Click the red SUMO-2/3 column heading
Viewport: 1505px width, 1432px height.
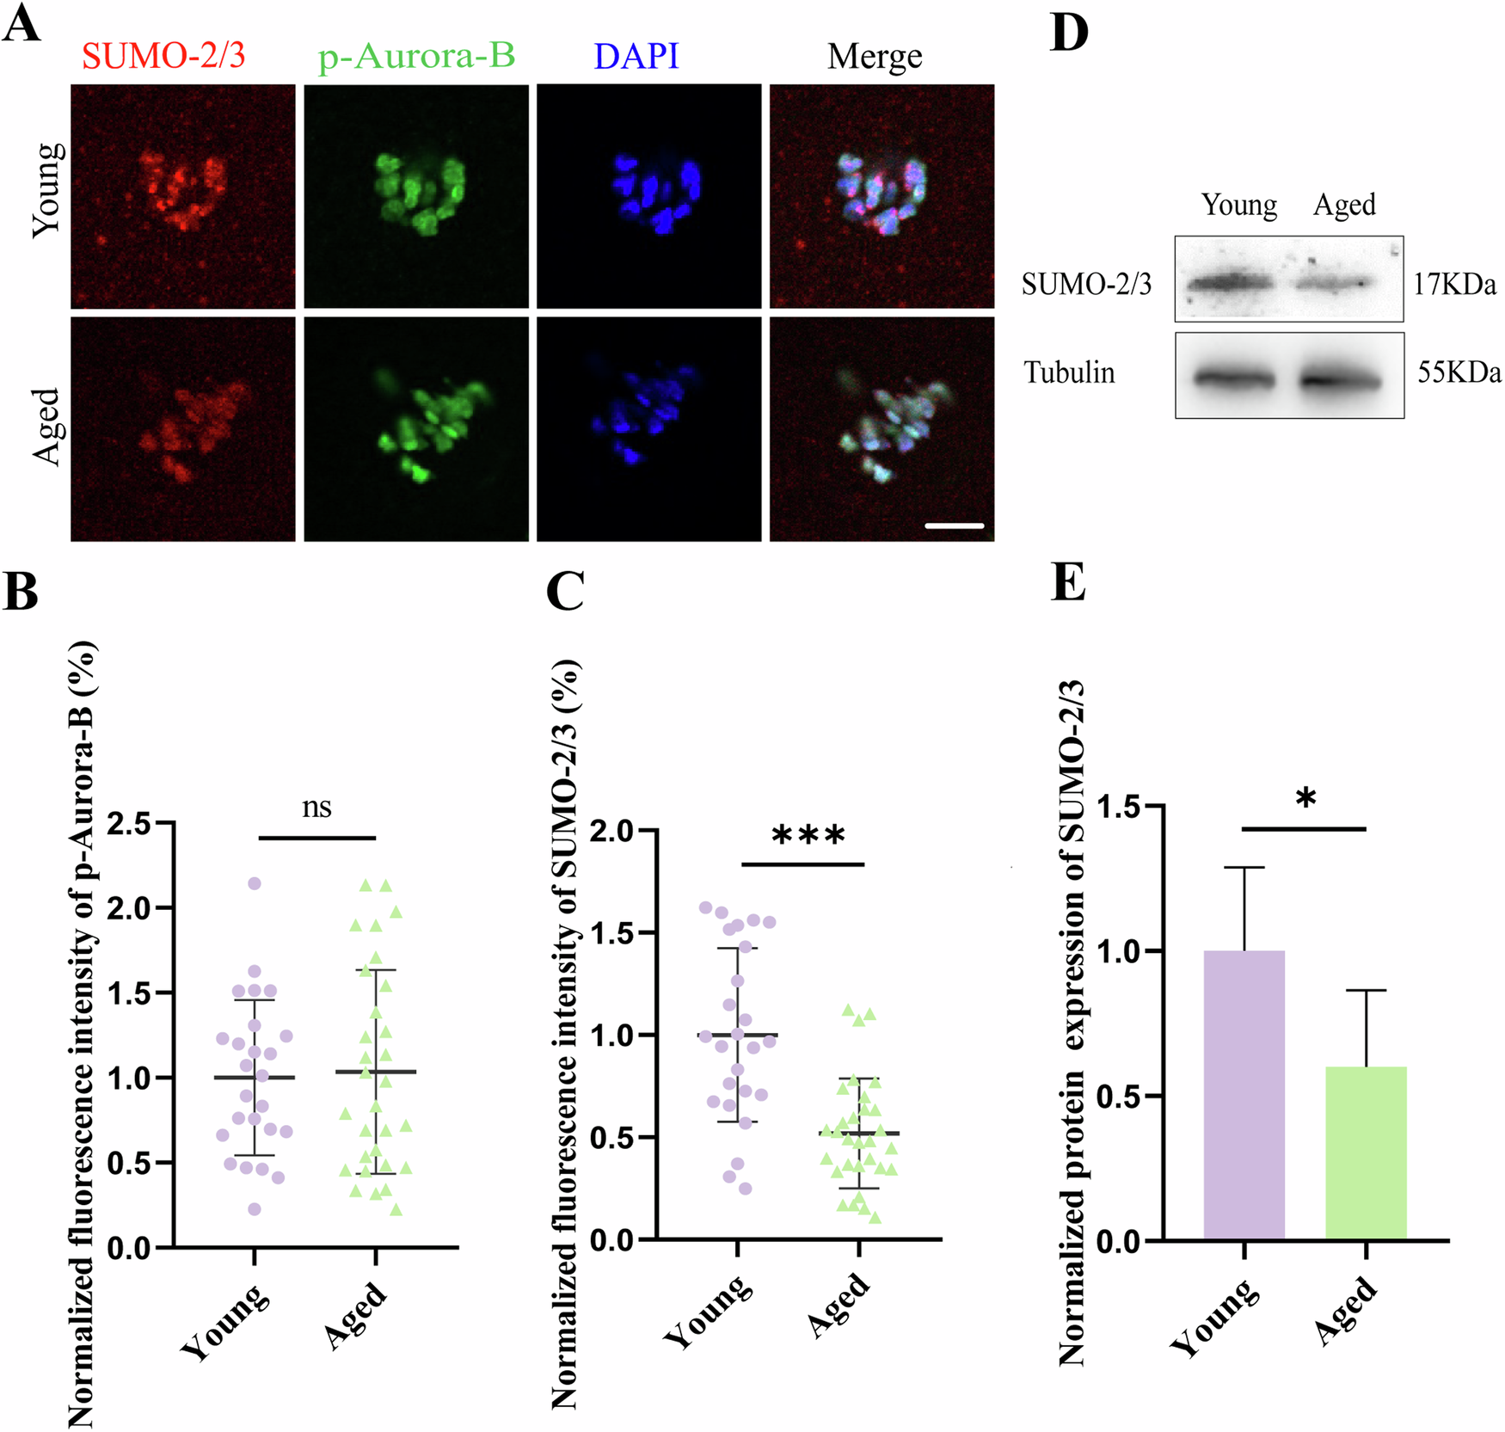pos(163,56)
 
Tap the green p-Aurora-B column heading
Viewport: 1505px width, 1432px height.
pos(416,56)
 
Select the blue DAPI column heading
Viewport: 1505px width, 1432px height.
pos(636,56)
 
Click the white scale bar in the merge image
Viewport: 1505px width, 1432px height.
pos(955,525)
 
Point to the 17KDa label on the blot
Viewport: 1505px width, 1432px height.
pos(1454,285)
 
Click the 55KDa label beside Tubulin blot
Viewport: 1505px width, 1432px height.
pos(1459,372)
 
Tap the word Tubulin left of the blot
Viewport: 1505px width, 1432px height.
pos(1069,372)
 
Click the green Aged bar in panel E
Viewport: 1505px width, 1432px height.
pos(1366,1152)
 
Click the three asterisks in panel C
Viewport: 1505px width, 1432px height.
pos(808,835)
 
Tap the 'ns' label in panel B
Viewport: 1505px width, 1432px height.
pos(316,808)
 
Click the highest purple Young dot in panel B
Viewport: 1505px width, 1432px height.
pos(255,883)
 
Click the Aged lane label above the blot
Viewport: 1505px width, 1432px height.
pos(1344,205)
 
